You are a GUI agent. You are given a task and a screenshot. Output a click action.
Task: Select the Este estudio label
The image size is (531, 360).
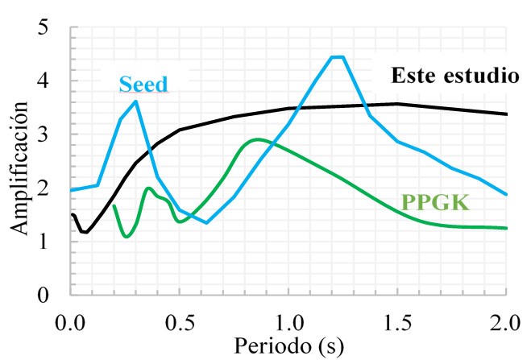pos(454,76)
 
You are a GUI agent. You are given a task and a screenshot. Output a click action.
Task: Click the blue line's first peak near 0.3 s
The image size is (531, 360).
pos(136,101)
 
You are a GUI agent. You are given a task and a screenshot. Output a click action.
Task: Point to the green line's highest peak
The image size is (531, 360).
pos(257,139)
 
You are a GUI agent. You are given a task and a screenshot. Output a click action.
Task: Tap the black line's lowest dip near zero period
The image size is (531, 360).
pos(84,232)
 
